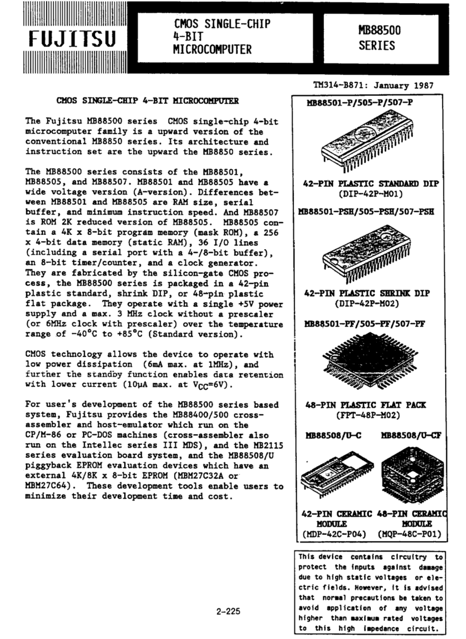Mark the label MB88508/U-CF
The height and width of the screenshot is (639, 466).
click(411, 435)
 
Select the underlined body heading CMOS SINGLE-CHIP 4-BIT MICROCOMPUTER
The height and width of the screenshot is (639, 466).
click(148, 100)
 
